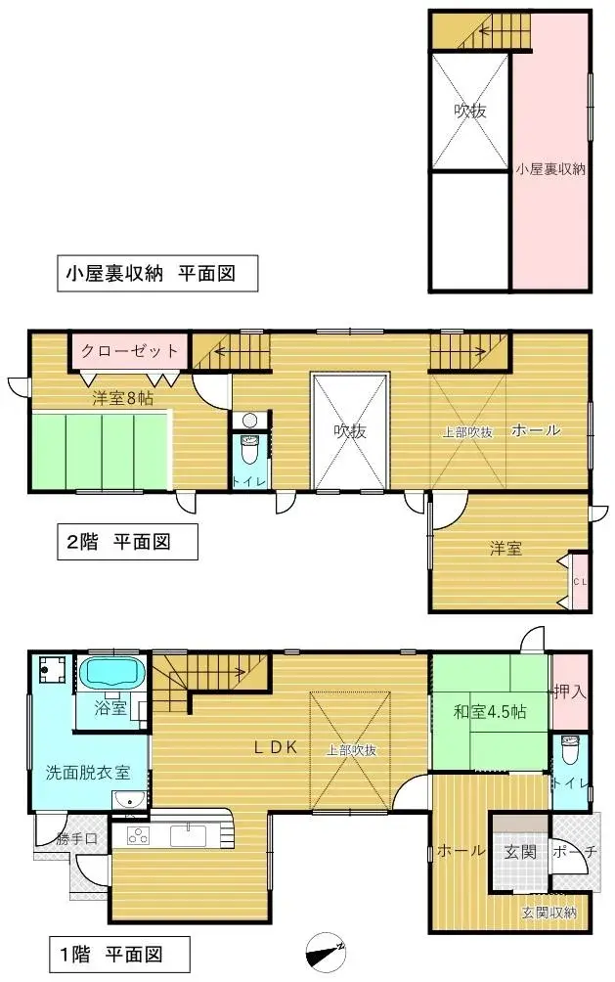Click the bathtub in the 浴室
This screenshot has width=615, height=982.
(x=110, y=673)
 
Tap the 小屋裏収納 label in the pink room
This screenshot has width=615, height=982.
(x=550, y=169)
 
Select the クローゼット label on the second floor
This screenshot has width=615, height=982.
(x=130, y=351)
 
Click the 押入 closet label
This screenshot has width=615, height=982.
(x=570, y=692)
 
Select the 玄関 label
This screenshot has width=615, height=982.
(x=519, y=852)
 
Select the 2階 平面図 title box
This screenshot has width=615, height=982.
(x=119, y=541)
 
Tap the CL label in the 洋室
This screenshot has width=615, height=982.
(x=580, y=582)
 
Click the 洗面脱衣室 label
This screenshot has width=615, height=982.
(x=88, y=772)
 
